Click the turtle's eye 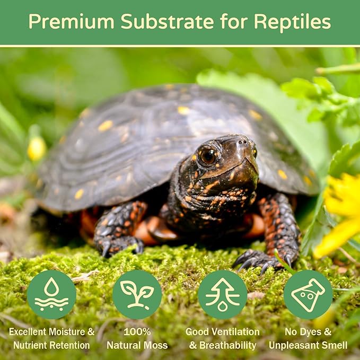tap(208, 155)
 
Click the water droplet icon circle tap(51, 295)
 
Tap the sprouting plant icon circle tap(137, 295)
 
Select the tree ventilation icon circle tap(222, 295)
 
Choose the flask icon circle tap(308, 295)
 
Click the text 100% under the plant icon tap(137, 332)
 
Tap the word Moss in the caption tap(156, 345)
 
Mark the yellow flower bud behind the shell tap(36, 148)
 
